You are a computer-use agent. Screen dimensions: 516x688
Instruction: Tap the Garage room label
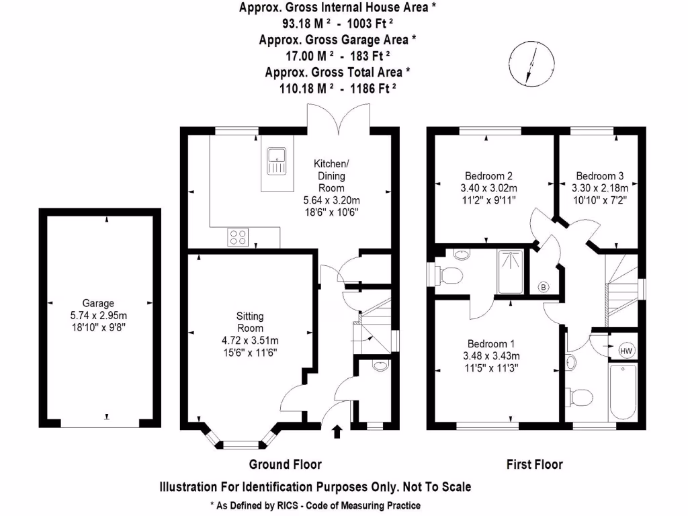[99, 303]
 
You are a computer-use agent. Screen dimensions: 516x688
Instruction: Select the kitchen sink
[276, 161]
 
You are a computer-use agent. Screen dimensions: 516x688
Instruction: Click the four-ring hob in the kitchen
[239, 236]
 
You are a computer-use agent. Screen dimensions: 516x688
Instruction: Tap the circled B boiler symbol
[543, 288]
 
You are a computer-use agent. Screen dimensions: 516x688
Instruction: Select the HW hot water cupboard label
[626, 351]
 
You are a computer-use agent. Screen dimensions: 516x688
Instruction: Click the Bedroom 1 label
[491, 339]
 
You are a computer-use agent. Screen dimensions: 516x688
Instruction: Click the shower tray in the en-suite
[513, 271]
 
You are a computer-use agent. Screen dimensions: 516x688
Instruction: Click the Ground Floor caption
[285, 464]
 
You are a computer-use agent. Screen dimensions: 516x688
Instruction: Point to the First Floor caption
[534, 464]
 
